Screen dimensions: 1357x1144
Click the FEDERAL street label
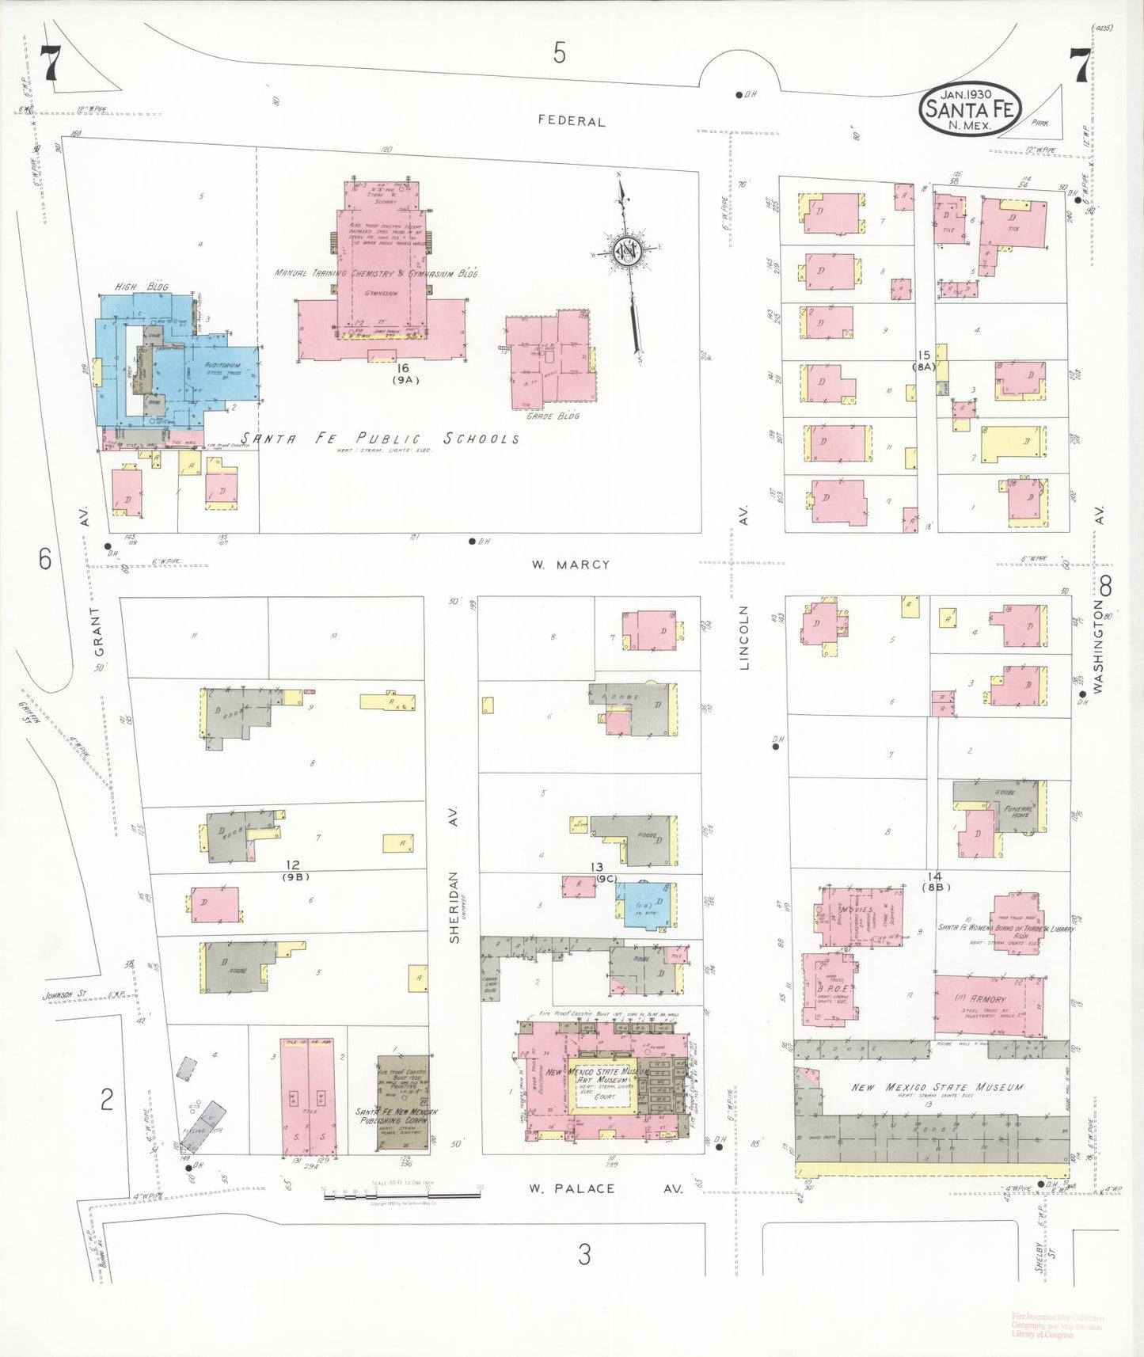point(571,121)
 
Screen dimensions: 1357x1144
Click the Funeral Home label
point(1020,812)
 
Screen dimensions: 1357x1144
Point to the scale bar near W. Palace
point(401,1194)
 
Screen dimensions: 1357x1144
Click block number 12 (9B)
point(294,870)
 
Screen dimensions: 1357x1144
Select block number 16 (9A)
point(404,373)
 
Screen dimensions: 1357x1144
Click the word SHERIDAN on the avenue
point(454,907)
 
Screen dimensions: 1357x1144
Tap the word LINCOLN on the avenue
point(743,637)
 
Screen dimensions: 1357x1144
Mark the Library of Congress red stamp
point(1056,1326)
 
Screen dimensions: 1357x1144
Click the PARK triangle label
point(1039,123)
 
